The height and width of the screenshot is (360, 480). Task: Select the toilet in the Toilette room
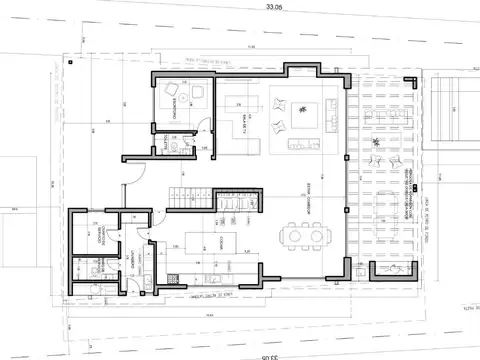pos(173,145)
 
